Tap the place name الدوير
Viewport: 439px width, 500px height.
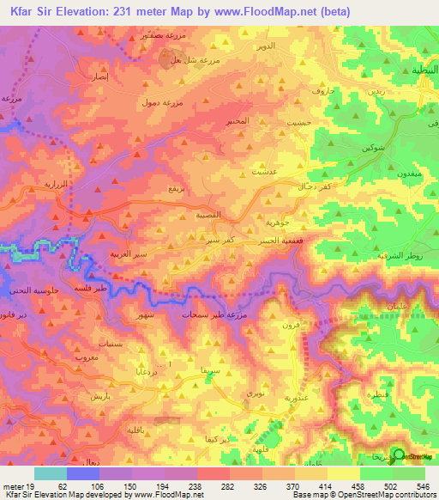click(267, 65)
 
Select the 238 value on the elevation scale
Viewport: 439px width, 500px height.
click(196, 485)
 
